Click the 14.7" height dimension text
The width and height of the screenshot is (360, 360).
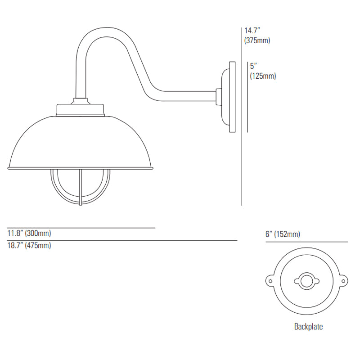coord(252,31)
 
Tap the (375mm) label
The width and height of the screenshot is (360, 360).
coord(257,40)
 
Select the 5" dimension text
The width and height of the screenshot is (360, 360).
coord(253,66)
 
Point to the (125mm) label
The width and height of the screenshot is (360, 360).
coord(263,76)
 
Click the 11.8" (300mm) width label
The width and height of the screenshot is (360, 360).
coord(29,233)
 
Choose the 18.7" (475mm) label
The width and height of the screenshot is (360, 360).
coord(29,245)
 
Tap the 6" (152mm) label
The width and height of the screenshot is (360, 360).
coord(283,234)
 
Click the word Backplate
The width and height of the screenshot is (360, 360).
coord(308,327)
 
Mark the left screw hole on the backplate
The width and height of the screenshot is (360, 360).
coord(270,281)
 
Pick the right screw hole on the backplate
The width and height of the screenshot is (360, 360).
coord(343,281)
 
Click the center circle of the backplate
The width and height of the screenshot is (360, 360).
coord(306,281)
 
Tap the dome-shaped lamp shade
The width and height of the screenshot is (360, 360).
coord(81,142)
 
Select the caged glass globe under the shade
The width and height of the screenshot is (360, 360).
coord(80,187)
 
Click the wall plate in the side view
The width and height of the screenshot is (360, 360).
coord(232,97)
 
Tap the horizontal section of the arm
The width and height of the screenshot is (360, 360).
coord(188,96)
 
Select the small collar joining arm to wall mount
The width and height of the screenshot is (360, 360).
coord(219,97)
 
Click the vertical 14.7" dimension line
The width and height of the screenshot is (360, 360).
coord(242,117)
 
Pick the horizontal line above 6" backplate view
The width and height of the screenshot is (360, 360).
coord(306,242)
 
